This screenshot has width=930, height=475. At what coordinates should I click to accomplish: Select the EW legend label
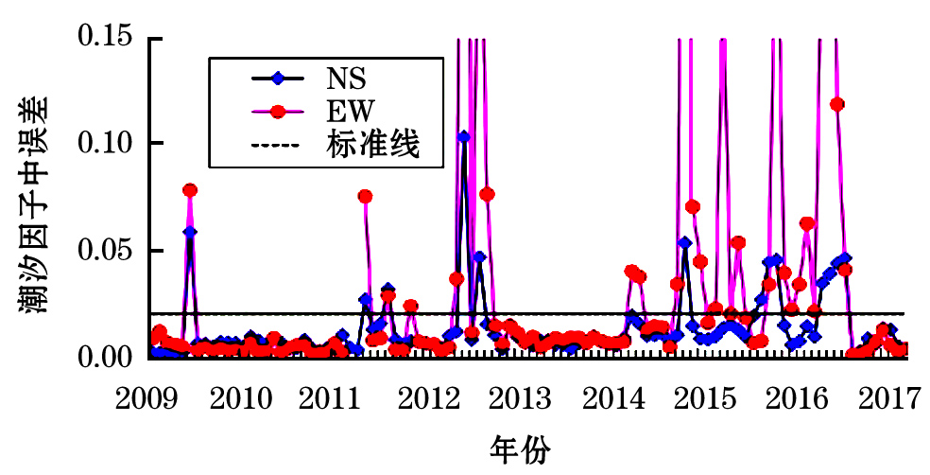click(349, 111)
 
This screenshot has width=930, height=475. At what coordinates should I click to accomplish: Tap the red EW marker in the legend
click(277, 112)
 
